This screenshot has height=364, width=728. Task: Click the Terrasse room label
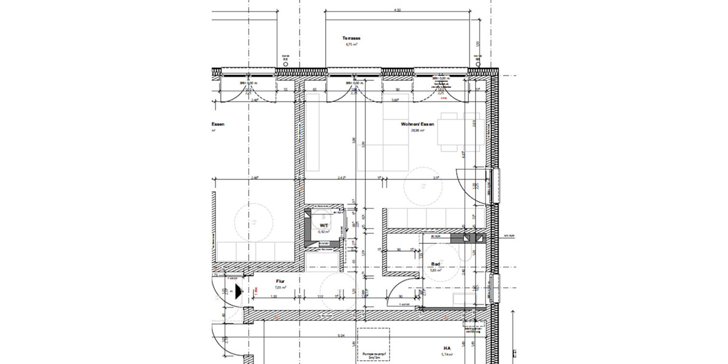352,38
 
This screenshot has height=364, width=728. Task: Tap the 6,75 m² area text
352,44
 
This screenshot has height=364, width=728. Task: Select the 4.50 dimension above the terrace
397,10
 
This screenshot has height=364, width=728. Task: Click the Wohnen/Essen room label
417,124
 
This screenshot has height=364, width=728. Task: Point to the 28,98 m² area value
417,130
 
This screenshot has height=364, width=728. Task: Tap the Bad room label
435,264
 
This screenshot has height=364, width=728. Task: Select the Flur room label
280,281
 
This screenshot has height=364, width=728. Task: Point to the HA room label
447,348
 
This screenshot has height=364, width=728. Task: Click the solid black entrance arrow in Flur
238,291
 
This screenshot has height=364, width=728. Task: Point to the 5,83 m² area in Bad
435,271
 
